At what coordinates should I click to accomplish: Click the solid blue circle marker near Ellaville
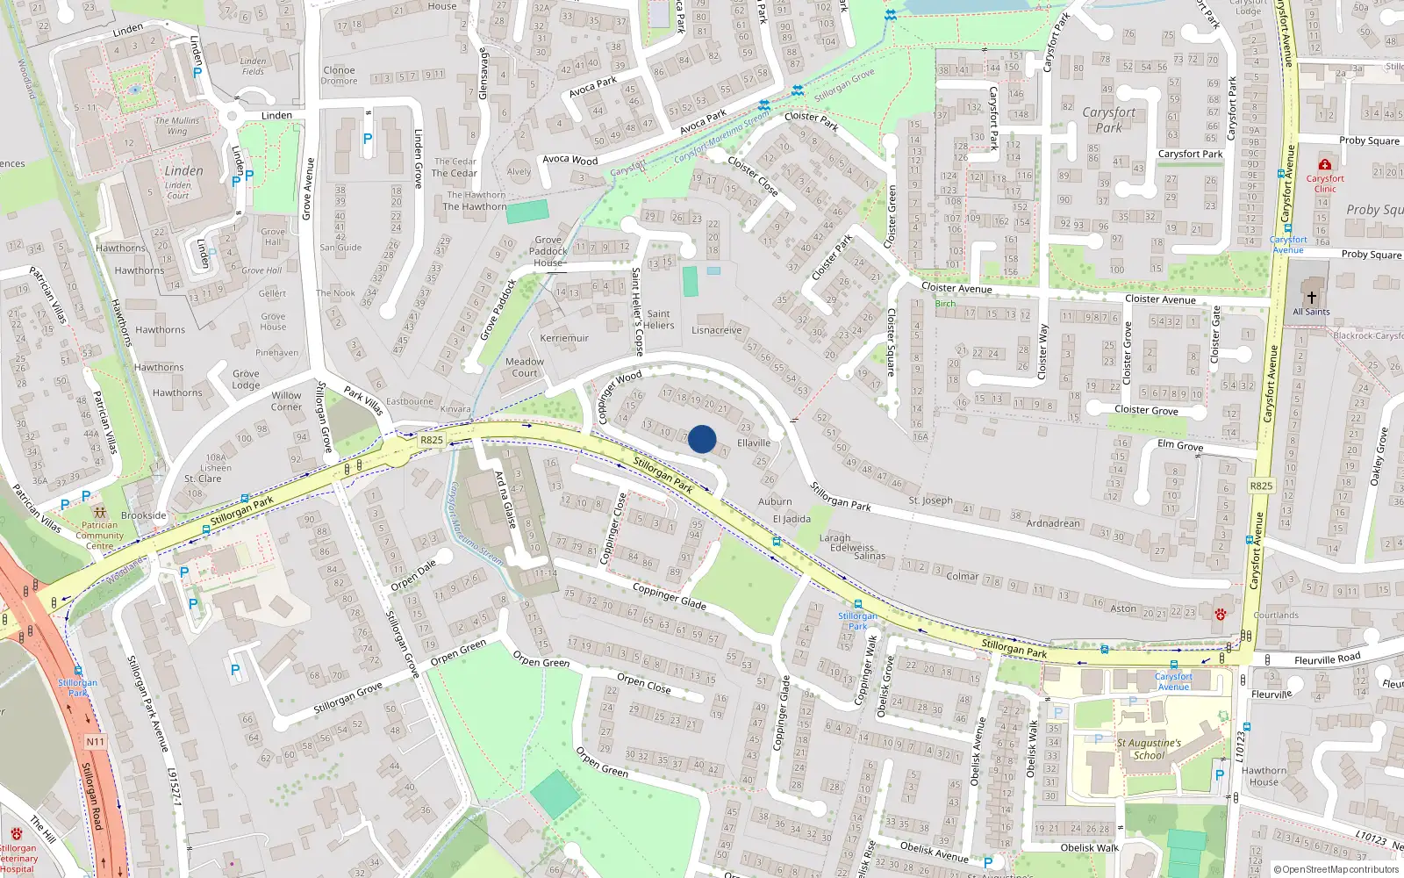(702, 439)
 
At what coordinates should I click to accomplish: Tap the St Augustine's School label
(1149, 748)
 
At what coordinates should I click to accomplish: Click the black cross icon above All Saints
(1311, 298)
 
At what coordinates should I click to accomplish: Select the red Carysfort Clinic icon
(1325, 164)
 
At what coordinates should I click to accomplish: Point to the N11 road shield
(95, 742)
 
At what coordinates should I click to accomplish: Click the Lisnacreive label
(717, 330)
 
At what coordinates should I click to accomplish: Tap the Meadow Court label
(525, 367)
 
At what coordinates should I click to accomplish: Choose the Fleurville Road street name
(1327, 659)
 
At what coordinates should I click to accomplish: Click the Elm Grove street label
(1180, 445)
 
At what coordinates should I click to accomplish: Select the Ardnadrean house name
(1053, 523)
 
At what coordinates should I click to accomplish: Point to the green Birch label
(945, 304)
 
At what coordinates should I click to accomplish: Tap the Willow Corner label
(286, 401)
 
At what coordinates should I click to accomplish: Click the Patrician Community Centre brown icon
(99, 511)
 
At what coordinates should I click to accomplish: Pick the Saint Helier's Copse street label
(637, 312)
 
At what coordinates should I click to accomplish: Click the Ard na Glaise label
(505, 499)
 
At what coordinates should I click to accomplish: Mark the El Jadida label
(792, 519)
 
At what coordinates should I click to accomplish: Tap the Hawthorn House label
(1264, 776)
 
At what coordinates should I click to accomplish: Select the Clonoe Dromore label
(339, 76)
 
